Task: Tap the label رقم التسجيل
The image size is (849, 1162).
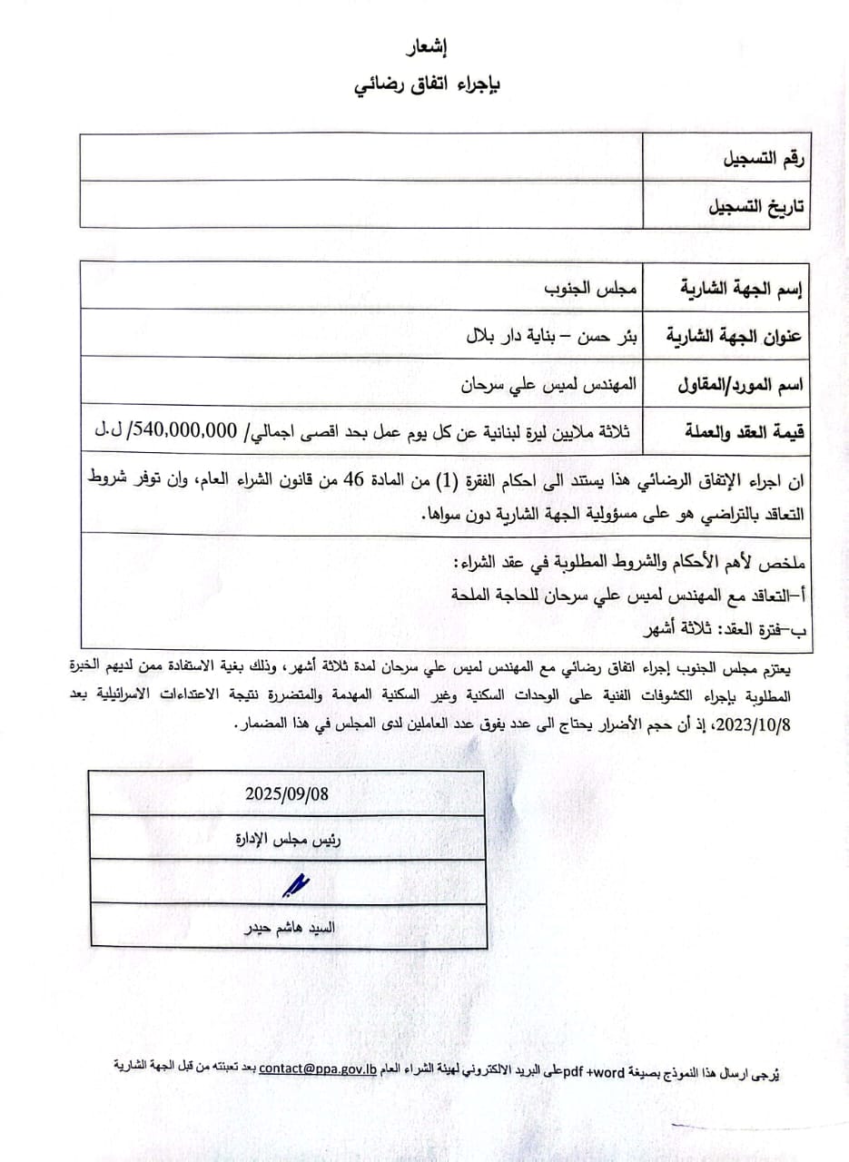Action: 761,159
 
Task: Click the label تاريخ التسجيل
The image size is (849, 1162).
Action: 756,207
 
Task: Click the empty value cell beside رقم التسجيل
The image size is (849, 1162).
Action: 361,158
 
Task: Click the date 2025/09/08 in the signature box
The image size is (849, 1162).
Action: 287,793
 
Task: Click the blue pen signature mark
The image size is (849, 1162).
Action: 296,883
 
